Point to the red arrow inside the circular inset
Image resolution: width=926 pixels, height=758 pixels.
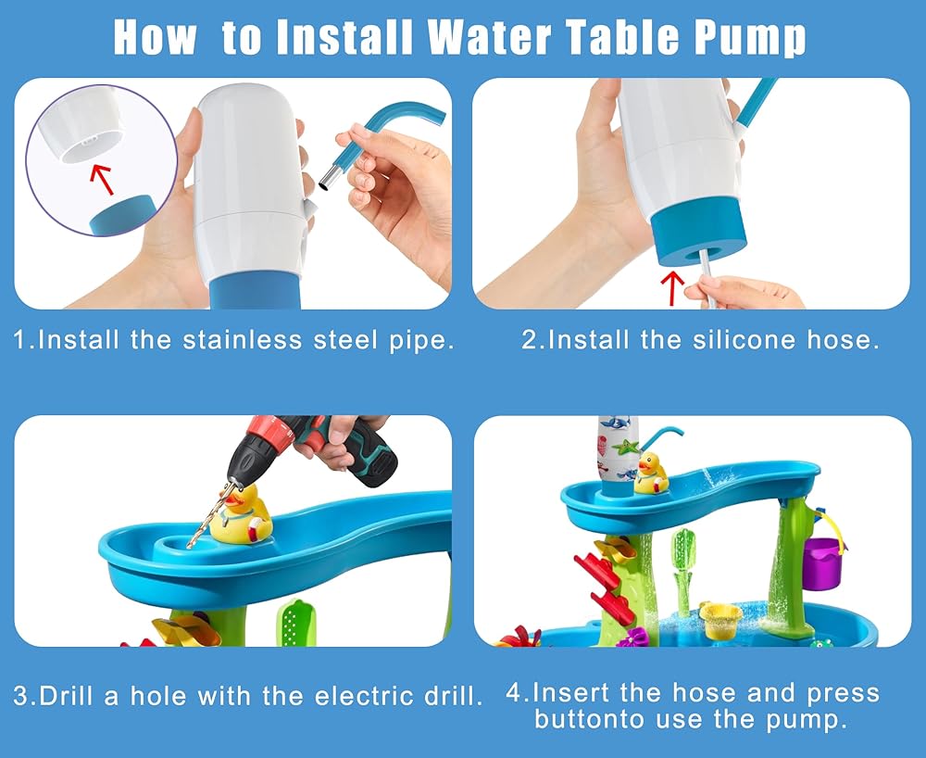click(104, 179)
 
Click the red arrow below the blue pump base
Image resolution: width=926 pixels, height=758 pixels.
click(672, 288)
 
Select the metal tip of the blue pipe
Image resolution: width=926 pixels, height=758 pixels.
click(329, 177)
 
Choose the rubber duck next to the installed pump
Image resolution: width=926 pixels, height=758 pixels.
click(651, 473)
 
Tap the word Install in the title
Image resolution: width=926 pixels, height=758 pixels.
click(344, 37)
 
